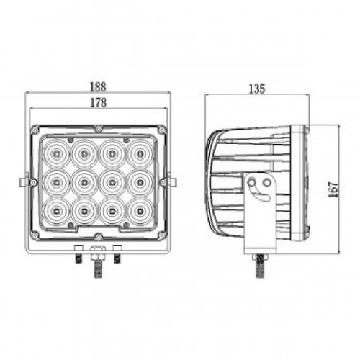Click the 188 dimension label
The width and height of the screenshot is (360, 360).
[x=98, y=86]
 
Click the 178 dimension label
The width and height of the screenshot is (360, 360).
[x=98, y=102]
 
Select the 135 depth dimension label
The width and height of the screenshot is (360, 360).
[x=257, y=89]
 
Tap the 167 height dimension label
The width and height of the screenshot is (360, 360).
[x=333, y=189]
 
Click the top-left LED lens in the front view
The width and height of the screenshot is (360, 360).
[x=57, y=153]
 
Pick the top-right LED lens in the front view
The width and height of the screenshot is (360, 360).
[x=140, y=153]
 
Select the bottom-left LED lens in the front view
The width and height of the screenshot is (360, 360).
[x=57, y=211]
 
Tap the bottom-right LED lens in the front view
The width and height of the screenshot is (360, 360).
[x=140, y=211]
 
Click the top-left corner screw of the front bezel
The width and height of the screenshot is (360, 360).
[x=35, y=130]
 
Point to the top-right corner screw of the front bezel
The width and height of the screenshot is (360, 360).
[x=162, y=130]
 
